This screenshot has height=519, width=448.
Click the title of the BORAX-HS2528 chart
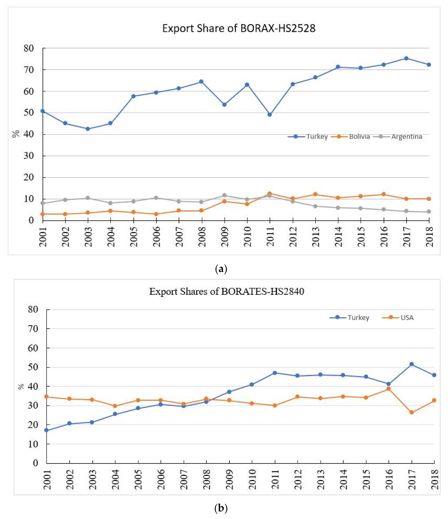click(x=239, y=28)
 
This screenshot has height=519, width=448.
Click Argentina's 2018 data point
click(x=429, y=212)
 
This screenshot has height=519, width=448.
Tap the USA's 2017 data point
click(x=411, y=412)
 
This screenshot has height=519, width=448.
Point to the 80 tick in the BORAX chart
click(x=29, y=48)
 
